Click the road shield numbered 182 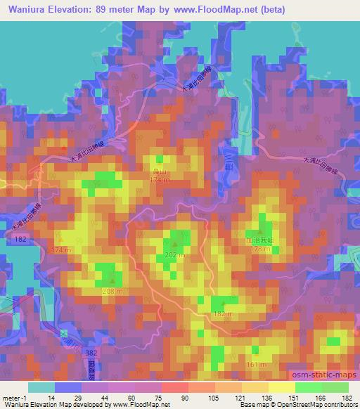[x=21, y=240]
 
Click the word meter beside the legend [x=11, y=398]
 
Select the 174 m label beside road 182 [x=62, y=250]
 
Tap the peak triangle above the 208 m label [x=112, y=283]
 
